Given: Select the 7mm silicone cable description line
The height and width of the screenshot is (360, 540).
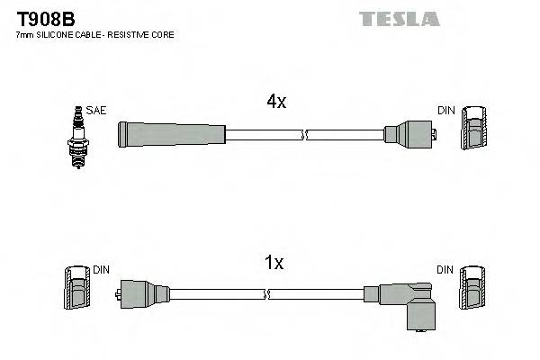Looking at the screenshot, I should pos(95,35).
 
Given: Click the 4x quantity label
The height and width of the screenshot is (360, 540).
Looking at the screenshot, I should pos(275,103).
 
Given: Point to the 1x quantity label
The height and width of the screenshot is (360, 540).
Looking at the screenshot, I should pos(274,264).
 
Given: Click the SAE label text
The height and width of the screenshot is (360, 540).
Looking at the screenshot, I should pos(97,111).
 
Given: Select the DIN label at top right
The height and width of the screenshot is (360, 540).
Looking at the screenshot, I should pos(445,111).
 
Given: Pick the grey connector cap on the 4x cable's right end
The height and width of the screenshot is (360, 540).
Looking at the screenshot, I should pos(409,135).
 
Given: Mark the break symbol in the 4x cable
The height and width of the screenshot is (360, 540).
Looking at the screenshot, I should pos(306,135).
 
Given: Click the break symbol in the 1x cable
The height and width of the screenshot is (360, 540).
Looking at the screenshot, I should pos(268,293).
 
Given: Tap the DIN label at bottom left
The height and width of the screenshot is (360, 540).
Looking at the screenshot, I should pos(100,269).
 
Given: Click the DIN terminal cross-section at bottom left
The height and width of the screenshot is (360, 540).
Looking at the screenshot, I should pos(75,287).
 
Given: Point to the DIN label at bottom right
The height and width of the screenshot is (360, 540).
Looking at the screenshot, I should pos(445,269).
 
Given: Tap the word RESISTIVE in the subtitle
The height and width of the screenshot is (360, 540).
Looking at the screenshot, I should pos(134,35).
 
